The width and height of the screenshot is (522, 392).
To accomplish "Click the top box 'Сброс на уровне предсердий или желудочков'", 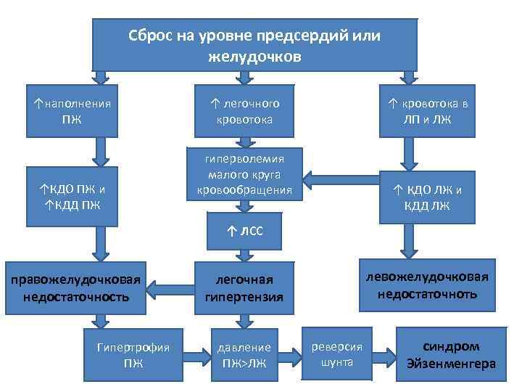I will pos(254,45).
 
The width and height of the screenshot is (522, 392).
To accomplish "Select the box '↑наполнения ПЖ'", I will pos(72,110).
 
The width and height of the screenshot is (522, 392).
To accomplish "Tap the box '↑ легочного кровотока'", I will pos(244,111).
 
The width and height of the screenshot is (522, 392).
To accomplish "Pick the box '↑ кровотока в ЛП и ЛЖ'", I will pos(427,111).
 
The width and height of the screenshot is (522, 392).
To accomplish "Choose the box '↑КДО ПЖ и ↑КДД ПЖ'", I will pos(72,196).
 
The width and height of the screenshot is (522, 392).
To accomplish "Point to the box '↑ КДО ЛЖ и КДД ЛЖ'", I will pos(427,197).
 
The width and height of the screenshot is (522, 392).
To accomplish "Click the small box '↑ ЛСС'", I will pos(244,231).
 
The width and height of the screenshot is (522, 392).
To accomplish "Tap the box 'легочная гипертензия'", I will pos(244,288).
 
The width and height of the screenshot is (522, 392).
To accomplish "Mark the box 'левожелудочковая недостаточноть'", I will pos(427,285).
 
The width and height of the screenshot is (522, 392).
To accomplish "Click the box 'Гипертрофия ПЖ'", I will pos(133,354).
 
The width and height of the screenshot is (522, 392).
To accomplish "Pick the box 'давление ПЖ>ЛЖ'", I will pos(244,354).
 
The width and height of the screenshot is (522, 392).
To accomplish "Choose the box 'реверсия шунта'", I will pos(336,354).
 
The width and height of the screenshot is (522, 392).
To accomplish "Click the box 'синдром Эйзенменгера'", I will pos(451,355).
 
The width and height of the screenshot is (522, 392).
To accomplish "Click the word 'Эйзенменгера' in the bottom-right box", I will pos(451,363).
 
